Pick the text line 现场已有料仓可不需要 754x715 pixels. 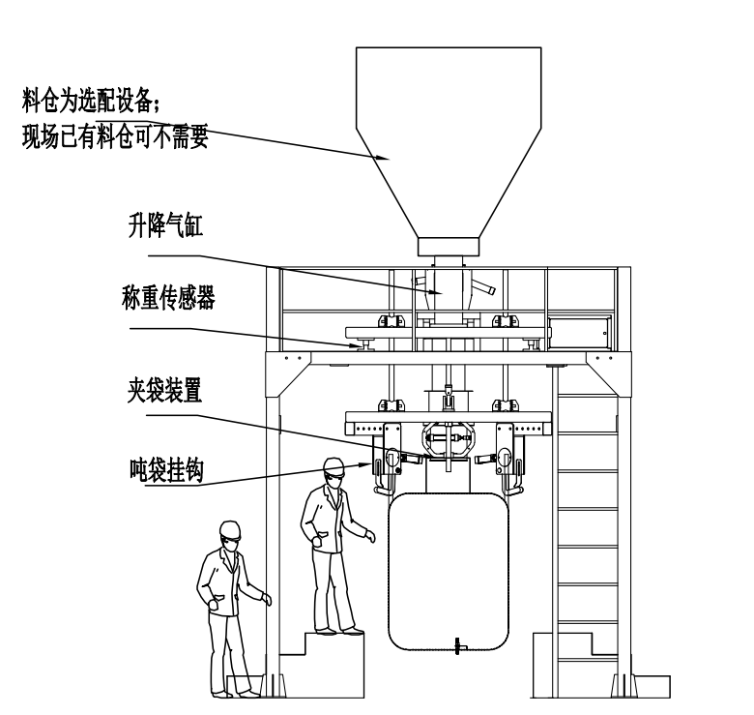point(115,136)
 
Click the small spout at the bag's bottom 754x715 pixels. point(460,647)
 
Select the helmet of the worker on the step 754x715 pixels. point(334,465)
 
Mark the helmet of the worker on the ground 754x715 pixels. point(230,529)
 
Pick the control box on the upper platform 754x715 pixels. point(578,331)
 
